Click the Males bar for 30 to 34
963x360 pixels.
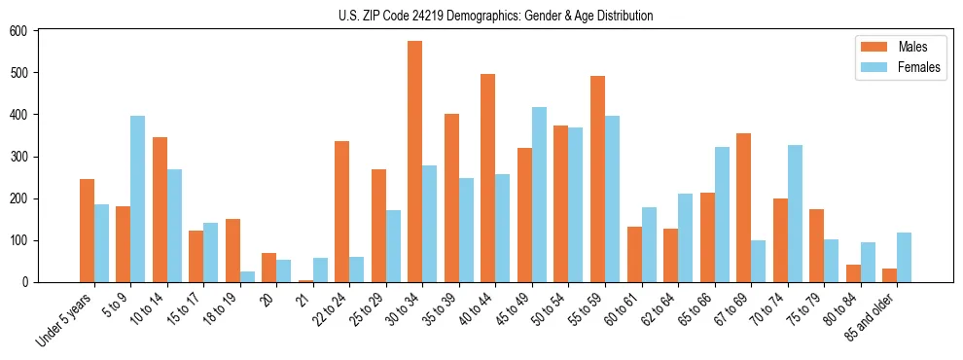point(415,162)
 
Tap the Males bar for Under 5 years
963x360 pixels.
point(87,231)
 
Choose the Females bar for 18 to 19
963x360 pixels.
point(247,276)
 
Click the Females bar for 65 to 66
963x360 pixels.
point(722,214)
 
